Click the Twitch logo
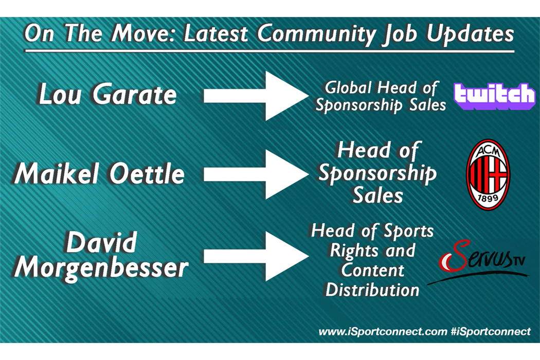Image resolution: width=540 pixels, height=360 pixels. point(495,96)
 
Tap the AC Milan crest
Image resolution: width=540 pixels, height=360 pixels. point(488,175)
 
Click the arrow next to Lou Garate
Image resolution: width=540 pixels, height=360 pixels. point(256,96)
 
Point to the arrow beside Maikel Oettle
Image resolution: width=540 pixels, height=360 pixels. point(256,174)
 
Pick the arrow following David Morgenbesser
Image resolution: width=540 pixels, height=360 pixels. point(256,256)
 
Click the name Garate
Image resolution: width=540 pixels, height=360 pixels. point(135,95)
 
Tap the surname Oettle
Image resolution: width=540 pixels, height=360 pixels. point(147,173)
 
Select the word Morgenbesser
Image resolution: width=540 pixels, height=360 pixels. point(101,268)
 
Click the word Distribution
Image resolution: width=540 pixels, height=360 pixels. point(373,290)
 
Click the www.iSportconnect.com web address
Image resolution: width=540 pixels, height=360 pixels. point(383,332)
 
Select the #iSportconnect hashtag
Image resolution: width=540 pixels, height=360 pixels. point(491,332)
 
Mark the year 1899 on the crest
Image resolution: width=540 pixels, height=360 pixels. point(488,197)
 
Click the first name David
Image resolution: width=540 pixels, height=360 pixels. point(102,243)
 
